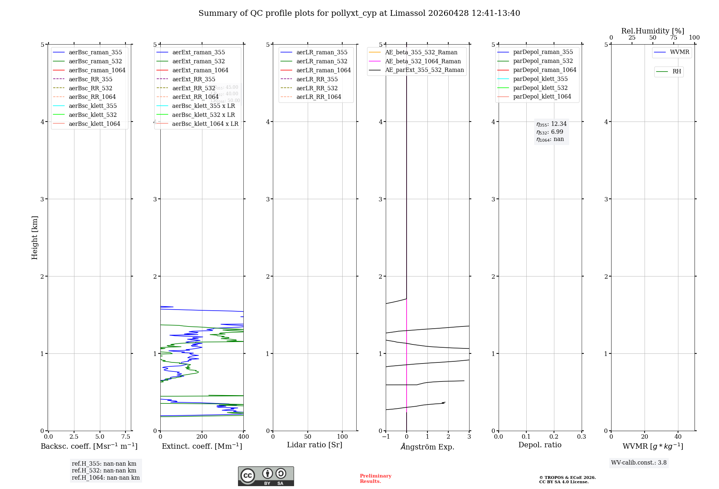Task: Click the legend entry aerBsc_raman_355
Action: [95, 52]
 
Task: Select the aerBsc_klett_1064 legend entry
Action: [94, 124]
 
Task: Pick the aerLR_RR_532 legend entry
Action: [317, 88]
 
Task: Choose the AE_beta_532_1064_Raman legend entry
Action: [423, 61]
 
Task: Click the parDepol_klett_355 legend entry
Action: [540, 79]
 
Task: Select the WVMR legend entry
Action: [679, 52]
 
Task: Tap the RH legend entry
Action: [677, 72]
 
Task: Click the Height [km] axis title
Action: [35, 237]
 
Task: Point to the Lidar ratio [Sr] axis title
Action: [315, 445]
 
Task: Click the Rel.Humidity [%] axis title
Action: [652, 31]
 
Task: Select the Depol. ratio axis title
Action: [540, 445]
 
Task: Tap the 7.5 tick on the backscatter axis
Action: [125, 437]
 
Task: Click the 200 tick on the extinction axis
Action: [202, 437]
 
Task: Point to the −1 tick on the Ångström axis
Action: [386, 437]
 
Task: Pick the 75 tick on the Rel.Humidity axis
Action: [673, 38]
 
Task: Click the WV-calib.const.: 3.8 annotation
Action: [638, 462]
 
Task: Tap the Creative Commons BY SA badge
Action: [266, 476]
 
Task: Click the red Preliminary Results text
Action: [375, 479]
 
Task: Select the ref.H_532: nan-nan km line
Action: [104, 470]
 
